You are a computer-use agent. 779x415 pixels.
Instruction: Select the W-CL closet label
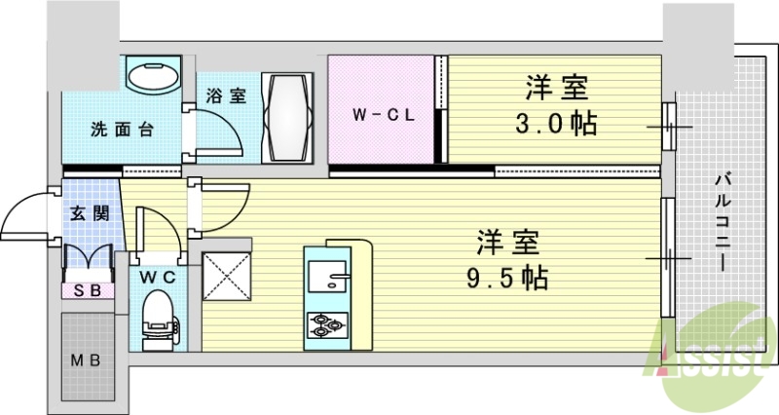click(x=384, y=114)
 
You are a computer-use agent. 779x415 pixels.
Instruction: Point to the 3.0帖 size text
click(x=558, y=125)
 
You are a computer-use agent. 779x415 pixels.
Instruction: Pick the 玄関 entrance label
click(x=89, y=212)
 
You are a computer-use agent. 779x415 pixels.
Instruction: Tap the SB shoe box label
click(x=87, y=289)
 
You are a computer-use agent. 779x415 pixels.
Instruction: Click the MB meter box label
click(x=87, y=360)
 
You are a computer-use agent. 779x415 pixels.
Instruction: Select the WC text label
click(x=156, y=277)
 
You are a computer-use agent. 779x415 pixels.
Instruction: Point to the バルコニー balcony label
click(x=723, y=221)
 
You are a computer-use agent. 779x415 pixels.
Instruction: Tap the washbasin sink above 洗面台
click(x=153, y=76)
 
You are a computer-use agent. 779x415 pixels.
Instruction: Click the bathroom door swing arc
click(x=216, y=132)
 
